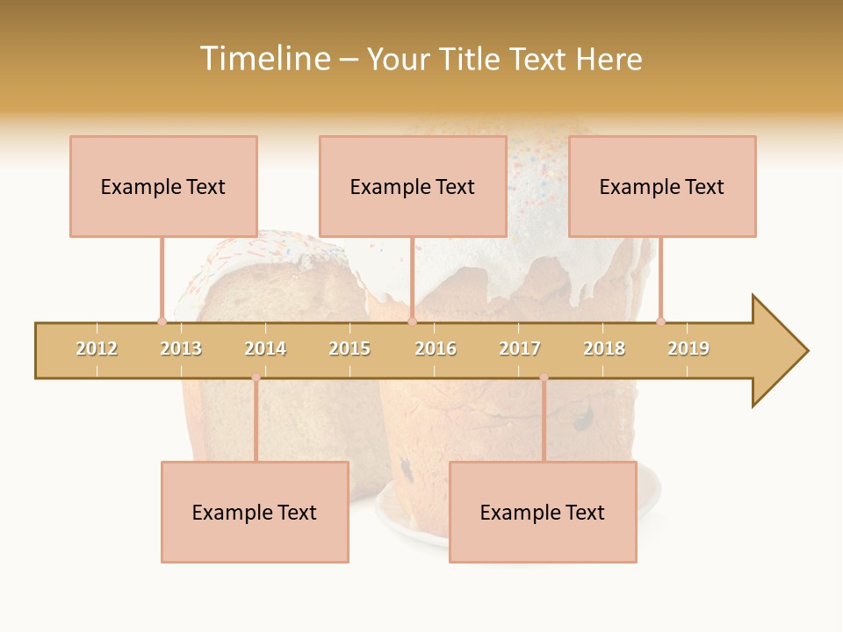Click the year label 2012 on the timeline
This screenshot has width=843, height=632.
(97, 348)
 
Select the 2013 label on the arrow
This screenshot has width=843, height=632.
(181, 348)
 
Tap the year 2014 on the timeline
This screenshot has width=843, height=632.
(265, 348)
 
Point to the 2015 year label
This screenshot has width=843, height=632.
(349, 348)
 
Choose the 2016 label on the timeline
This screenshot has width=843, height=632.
(436, 348)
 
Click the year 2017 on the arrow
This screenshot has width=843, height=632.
(520, 348)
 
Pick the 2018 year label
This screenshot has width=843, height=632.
(604, 348)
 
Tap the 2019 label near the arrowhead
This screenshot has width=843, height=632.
(688, 348)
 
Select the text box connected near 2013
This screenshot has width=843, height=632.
(163, 186)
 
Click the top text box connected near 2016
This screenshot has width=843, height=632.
(413, 186)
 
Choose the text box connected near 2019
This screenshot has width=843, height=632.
(662, 186)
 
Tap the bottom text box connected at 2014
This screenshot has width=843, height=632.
(255, 512)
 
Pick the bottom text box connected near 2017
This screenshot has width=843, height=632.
(543, 512)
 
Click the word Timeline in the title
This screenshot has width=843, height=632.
(263, 59)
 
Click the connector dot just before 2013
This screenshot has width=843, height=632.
(162, 321)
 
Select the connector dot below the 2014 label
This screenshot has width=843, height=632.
(256, 377)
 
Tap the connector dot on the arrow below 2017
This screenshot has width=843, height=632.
(544, 377)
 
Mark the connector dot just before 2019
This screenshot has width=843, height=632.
(660, 321)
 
